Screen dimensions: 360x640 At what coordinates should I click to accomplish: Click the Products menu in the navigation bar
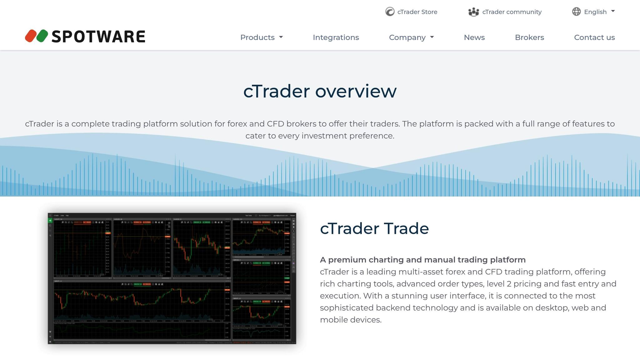click(261, 37)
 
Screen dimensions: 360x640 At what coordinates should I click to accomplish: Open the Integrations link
click(336, 37)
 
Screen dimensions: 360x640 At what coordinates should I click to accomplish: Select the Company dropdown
click(411, 37)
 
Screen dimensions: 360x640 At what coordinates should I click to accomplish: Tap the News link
click(474, 37)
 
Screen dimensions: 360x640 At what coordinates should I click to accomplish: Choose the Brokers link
click(529, 37)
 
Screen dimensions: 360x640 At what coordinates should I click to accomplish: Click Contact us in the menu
click(594, 37)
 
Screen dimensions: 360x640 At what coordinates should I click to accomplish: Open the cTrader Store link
click(417, 12)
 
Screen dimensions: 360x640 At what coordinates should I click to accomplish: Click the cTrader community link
click(512, 12)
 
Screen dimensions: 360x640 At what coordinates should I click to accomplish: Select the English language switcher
click(595, 12)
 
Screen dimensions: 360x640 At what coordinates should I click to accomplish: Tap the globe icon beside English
click(576, 12)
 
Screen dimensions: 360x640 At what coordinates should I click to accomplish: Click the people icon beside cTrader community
click(473, 12)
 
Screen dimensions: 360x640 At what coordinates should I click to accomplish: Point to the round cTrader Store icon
click(390, 12)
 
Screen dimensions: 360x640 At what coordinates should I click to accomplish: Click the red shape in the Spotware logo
click(31, 36)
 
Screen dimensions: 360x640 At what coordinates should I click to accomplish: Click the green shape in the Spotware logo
click(42, 36)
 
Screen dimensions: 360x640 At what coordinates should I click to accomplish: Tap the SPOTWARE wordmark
click(98, 37)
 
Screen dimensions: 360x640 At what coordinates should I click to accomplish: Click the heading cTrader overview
click(320, 91)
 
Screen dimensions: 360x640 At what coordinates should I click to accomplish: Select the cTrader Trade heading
click(374, 228)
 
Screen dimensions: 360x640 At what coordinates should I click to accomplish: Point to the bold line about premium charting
click(422, 260)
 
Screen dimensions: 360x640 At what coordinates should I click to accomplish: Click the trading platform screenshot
click(172, 278)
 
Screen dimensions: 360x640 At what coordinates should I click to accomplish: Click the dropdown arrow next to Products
click(281, 37)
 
